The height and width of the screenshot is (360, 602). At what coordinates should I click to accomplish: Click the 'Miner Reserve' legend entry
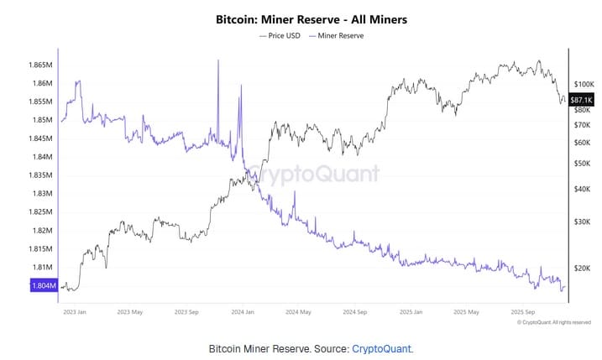[x=338, y=36]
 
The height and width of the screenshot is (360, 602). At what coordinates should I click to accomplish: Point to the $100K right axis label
[x=584, y=85]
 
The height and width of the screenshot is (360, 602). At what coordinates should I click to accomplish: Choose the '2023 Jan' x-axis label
[x=75, y=311]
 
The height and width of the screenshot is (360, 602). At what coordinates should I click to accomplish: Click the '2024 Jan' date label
[x=243, y=311]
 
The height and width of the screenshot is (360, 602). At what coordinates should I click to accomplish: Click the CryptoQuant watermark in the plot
[x=315, y=175]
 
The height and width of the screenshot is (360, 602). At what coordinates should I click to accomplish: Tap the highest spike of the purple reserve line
[x=218, y=61]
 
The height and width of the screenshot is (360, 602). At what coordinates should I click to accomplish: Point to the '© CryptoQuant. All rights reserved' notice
[x=554, y=321]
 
